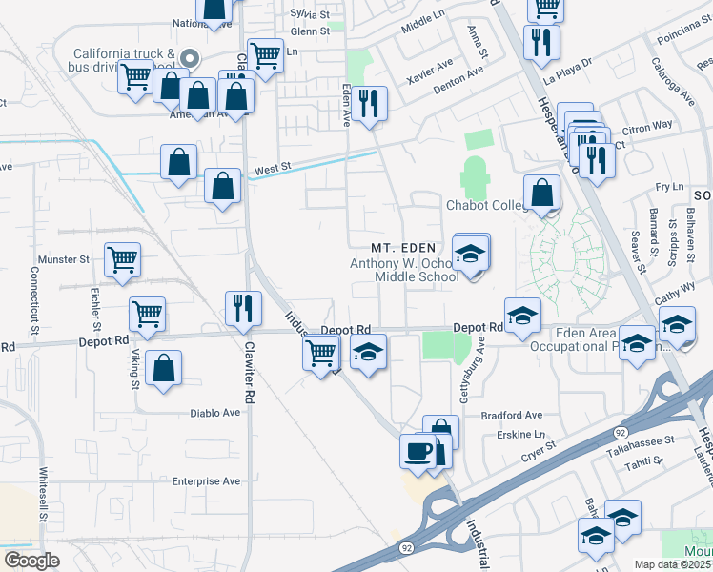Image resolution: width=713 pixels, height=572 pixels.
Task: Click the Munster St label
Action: coord(63,259)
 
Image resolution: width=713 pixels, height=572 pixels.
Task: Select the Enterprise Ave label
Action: coord(206,481)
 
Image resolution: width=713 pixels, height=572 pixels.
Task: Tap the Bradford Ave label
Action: coord(512,416)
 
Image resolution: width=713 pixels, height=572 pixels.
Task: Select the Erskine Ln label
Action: coord(519,435)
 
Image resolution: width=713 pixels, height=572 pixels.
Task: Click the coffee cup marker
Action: coord(417,451)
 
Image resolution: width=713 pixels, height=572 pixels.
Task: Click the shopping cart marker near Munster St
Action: coord(122,259)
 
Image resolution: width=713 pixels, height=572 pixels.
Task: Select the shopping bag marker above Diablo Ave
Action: coord(164,369)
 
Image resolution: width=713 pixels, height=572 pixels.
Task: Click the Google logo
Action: coord(32,561)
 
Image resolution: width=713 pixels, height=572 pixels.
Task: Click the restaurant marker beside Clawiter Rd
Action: coord(243,308)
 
